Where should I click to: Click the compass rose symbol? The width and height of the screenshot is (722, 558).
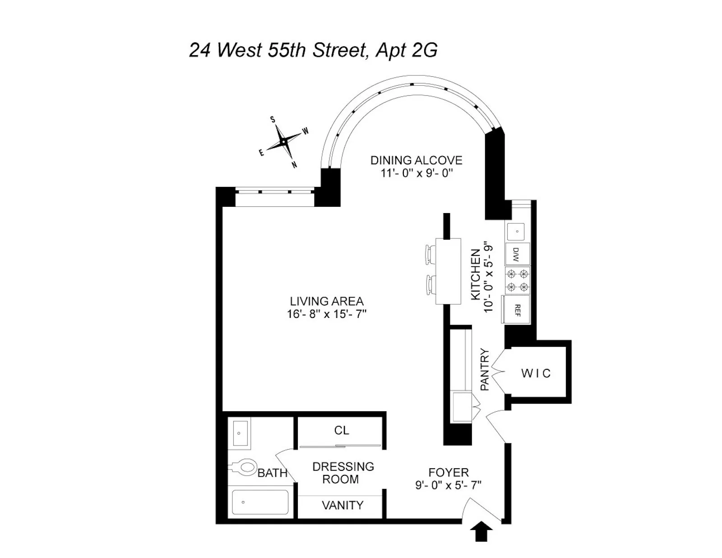pos(283,142)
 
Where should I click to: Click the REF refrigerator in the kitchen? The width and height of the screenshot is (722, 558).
pos(517,310)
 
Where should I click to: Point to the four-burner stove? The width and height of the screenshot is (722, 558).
pos(517,280)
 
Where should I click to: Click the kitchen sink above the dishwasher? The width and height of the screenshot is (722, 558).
pos(517,232)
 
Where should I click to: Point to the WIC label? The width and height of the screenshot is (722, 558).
pos(536,373)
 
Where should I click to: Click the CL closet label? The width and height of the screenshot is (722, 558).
pos(342,430)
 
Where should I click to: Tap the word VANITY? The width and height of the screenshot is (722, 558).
pos(342,505)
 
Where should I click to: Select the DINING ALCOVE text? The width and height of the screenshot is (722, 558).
pos(416,160)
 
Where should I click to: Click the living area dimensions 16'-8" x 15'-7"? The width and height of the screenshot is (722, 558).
pos(326,314)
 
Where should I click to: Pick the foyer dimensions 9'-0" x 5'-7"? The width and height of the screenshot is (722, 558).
pos(448,485)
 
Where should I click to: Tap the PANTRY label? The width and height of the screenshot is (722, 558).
pos(485,369)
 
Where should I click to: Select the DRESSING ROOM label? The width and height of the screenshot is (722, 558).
pos(342,473)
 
